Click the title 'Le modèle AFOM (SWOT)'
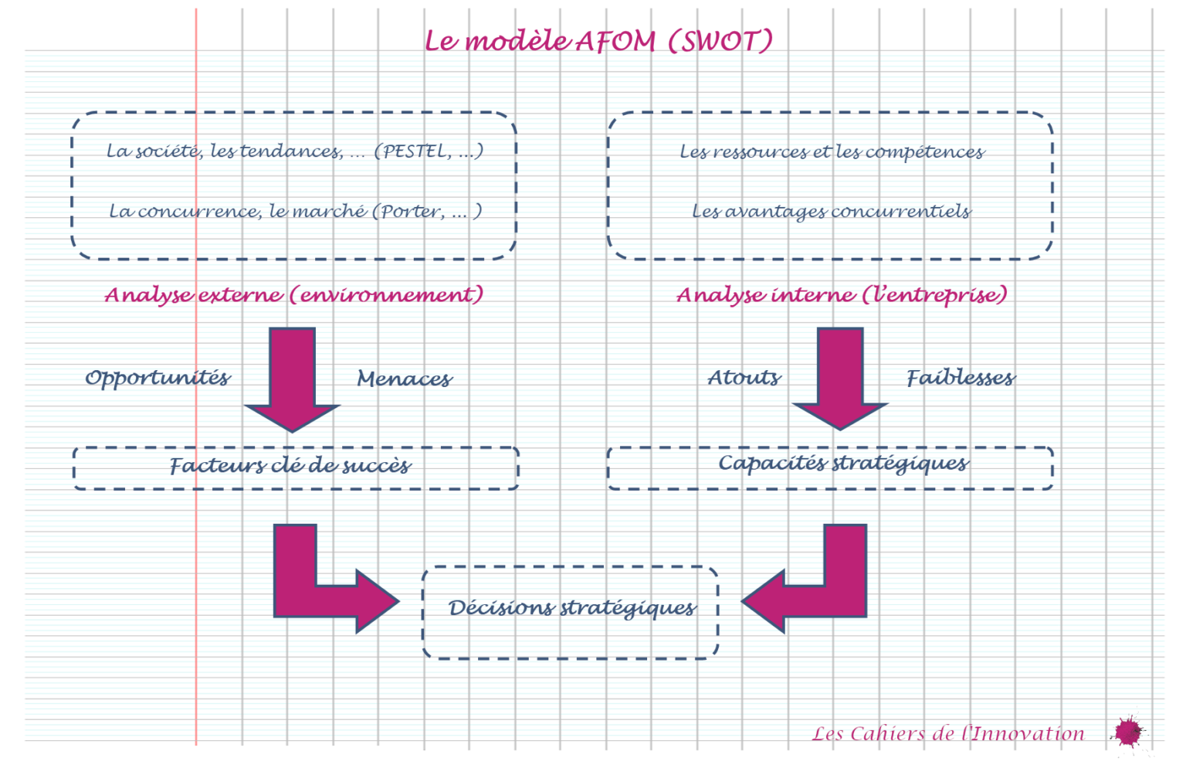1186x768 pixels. tap(598, 41)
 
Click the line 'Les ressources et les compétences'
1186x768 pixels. tap(832, 151)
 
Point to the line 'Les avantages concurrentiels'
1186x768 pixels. tap(831, 211)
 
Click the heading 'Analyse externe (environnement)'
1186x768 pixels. tap(294, 294)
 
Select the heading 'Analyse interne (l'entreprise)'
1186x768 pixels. tap(842, 294)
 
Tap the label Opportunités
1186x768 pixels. tap(158, 378)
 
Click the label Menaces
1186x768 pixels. tap(405, 379)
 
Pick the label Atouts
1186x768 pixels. tap(744, 378)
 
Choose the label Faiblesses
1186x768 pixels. tap(961, 378)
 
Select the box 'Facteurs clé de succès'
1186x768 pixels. tap(295, 467)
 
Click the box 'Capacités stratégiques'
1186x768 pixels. tap(830, 467)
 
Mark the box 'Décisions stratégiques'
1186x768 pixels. tap(571, 612)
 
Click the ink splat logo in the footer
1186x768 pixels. tap(1129, 731)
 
